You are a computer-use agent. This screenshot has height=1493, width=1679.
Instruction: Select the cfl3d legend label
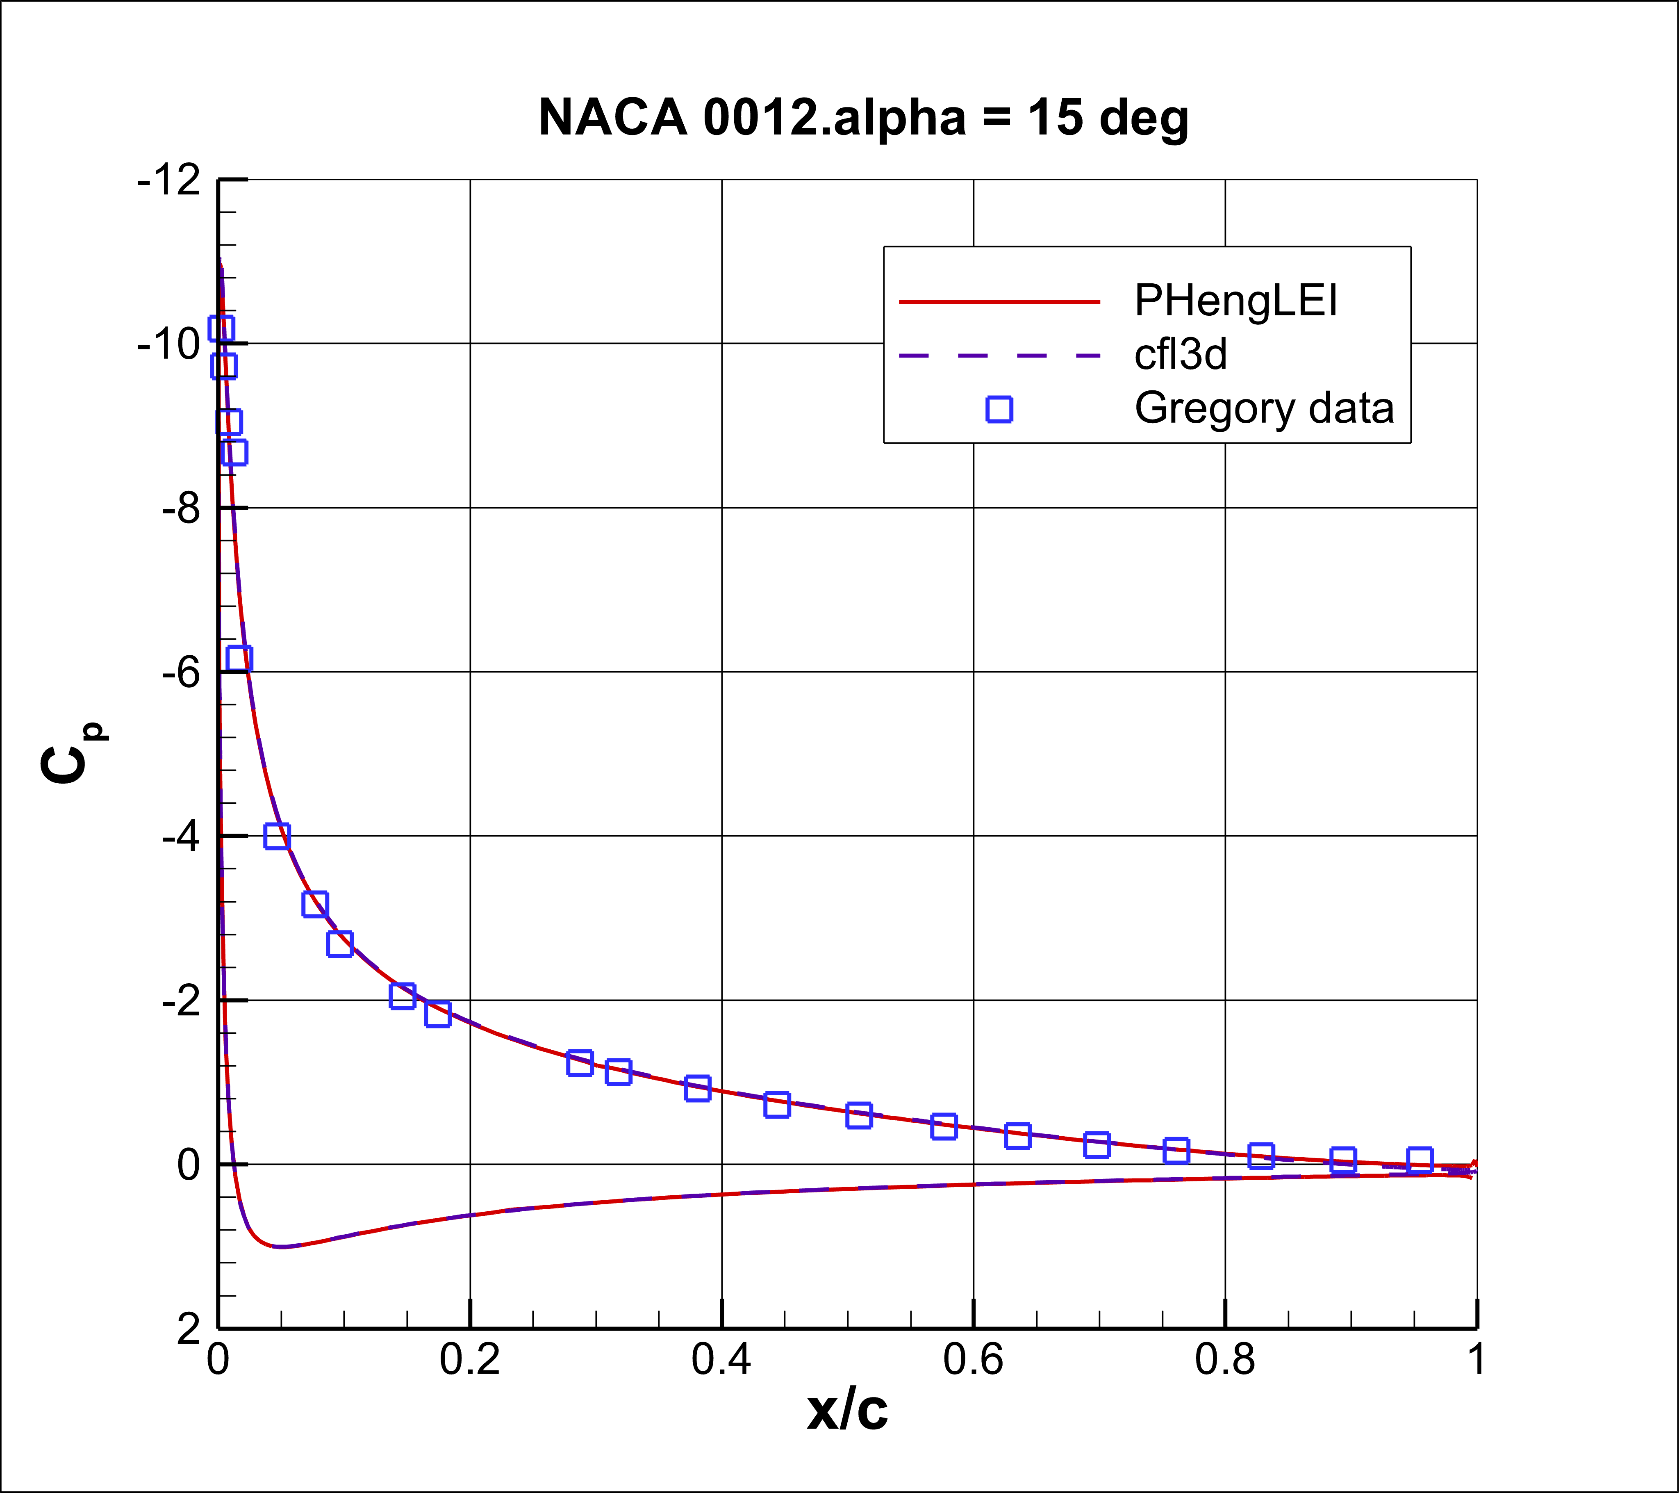coord(1181,355)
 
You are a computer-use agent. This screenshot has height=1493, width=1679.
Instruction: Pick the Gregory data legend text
coord(1263,408)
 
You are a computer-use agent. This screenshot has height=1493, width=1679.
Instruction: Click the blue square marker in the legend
coord(999,409)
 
